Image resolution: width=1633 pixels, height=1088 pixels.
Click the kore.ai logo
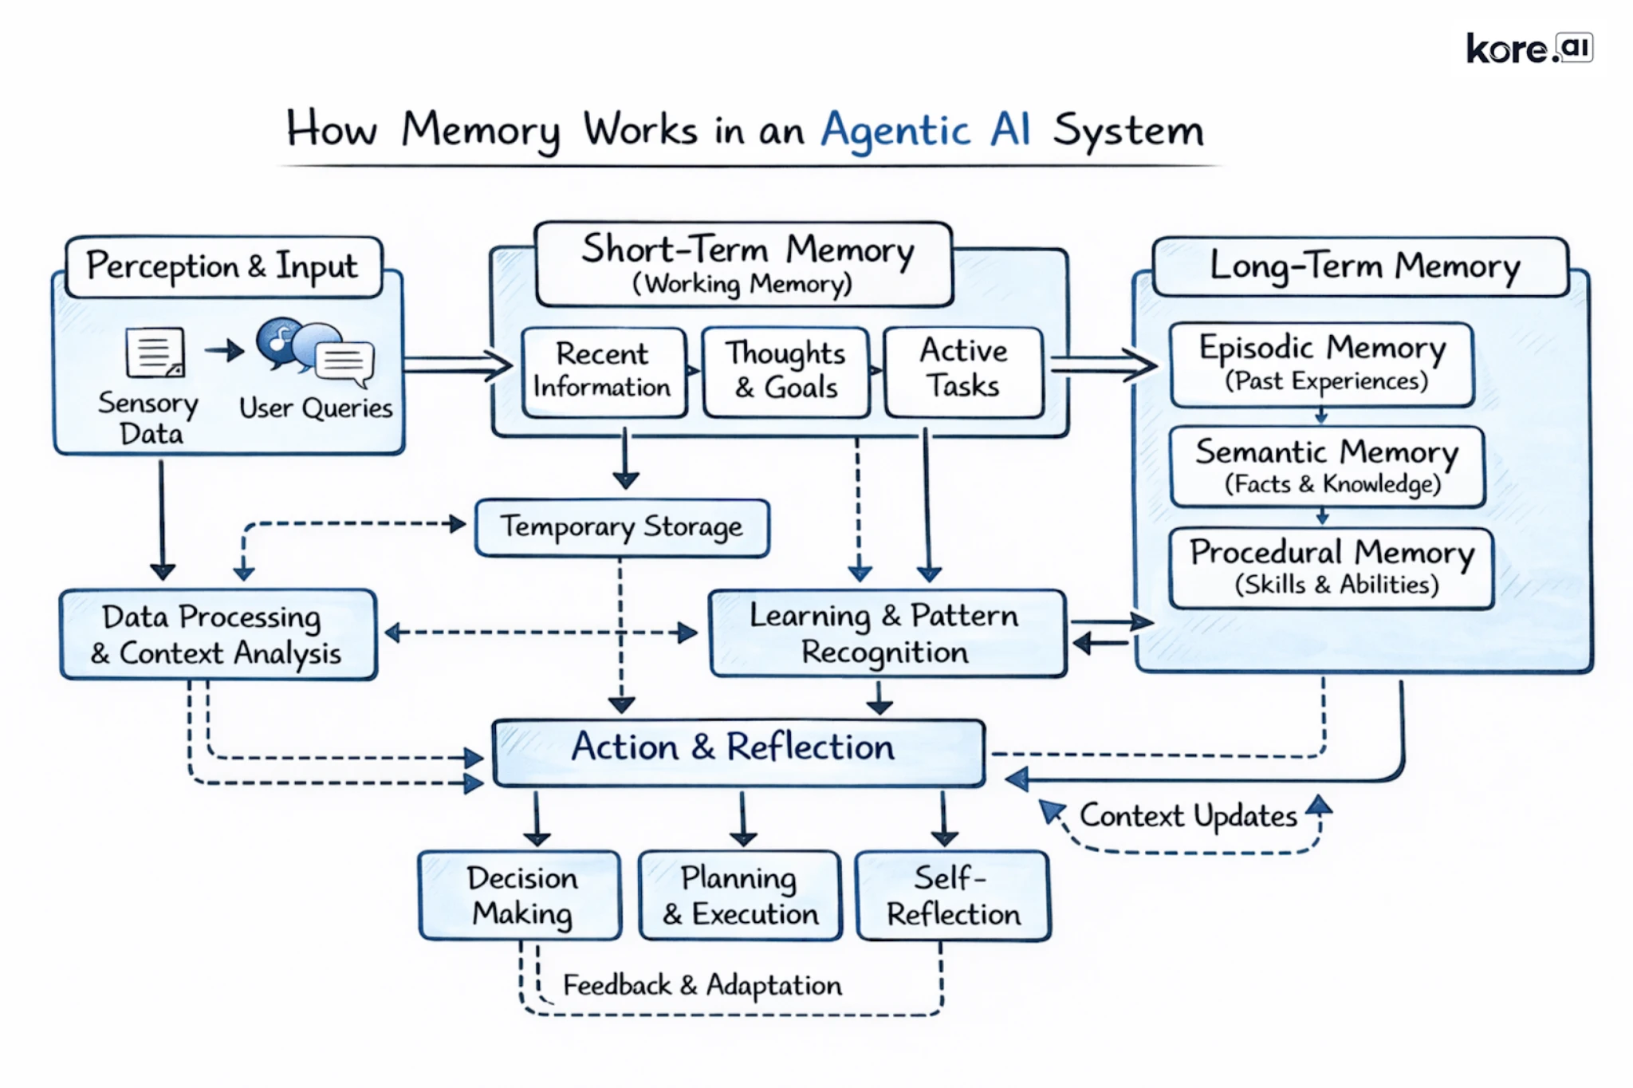tap(1529, 49)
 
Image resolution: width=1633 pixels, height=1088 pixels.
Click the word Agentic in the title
tap(895, 130)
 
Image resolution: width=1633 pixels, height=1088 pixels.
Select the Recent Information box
tap(604, 371)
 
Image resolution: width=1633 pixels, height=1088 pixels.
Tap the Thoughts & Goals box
tap(785, 371)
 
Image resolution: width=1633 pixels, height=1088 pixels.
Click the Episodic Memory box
tap(1321, 364)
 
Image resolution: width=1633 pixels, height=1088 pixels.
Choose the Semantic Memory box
tap(1327, 466)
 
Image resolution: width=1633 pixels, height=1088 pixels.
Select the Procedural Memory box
tap(1331, 567)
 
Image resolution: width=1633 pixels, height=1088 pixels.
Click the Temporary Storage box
tap(622, 527)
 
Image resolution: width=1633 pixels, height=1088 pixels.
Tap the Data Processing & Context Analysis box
tap(217, 634)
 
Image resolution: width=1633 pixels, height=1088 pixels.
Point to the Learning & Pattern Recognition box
tap(887, 633)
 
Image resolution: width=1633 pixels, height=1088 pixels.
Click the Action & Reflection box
tap(738, 751)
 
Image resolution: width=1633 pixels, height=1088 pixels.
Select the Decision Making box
tap(520, 895)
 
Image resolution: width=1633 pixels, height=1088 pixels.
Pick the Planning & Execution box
tap(740, 895)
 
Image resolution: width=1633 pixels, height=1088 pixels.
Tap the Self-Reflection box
tap(953, 895)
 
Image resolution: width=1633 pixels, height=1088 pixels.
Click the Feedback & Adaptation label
tap(702, 985)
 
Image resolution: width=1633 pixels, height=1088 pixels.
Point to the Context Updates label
tap(1188, 816)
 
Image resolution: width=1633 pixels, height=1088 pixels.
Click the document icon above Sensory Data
tap(155, 352)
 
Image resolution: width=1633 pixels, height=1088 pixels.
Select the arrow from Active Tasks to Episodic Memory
tap(1103, 365)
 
